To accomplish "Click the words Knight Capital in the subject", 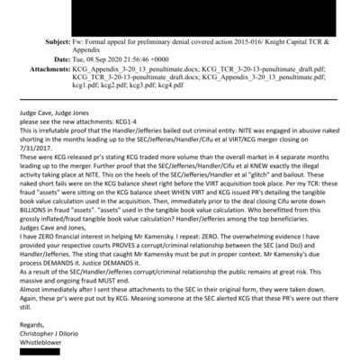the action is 290,41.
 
